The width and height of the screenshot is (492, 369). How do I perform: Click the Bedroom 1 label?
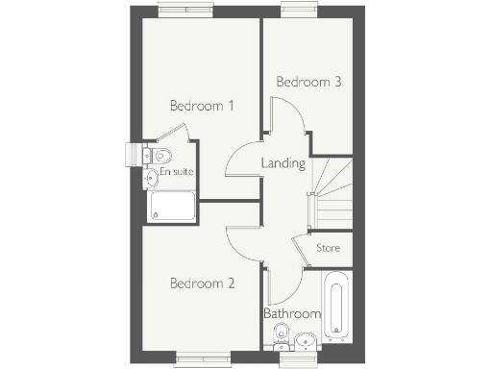[x=202, y=106]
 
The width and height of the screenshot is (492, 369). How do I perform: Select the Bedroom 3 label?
[x=308, y=83]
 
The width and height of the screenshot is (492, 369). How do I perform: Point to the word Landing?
[x=283, y=163]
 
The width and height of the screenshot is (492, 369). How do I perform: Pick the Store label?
[x=329, y=248]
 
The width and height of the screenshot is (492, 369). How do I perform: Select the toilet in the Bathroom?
[x=281, y=334]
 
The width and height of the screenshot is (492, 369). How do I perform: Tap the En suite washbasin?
[x=151, y=177]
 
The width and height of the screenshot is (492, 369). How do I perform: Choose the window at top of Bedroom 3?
[x=296, y=12]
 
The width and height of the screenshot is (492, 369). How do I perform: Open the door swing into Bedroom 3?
[x=286, y=123]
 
